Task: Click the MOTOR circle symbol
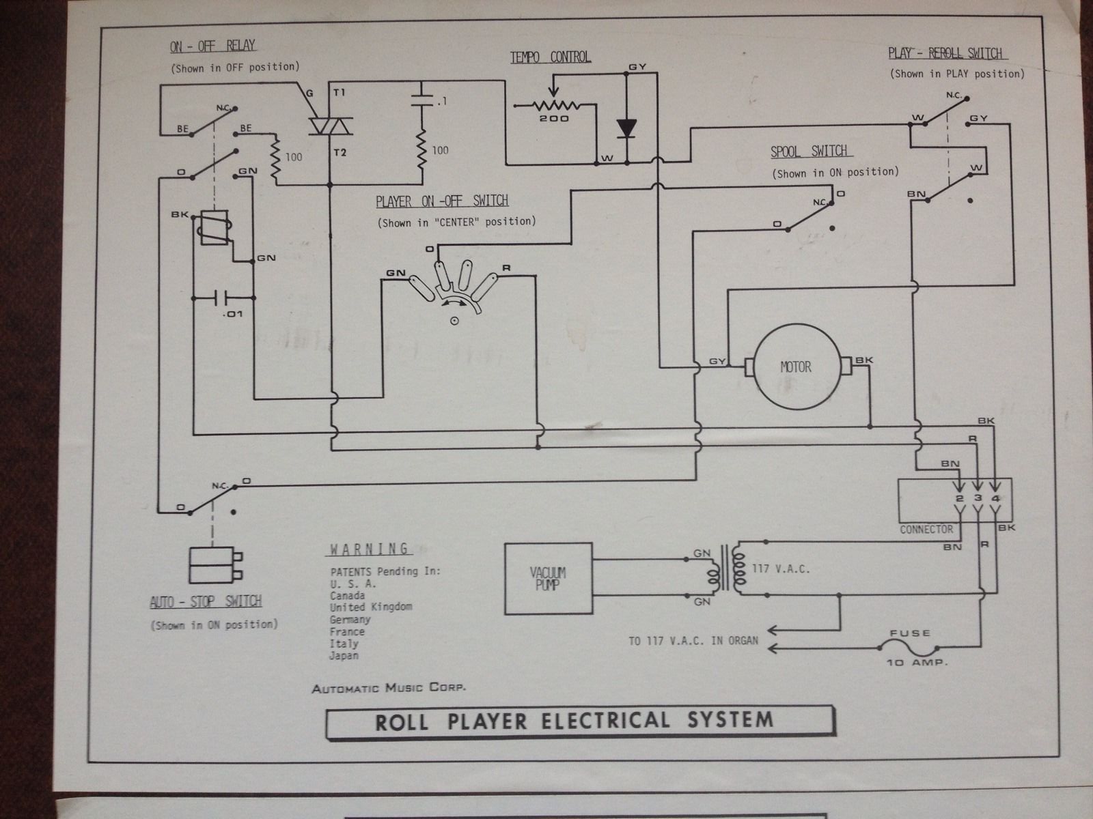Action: coord(795,367)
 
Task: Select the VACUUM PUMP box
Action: coord(548,578)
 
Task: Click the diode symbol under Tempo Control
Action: coord(626,128)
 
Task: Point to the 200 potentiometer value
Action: coord(554,119)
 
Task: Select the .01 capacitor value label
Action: coord(232,314)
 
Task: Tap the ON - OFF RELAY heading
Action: coord(212,46)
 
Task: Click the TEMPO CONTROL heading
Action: coord(551,57)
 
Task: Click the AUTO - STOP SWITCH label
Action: coord(206,601)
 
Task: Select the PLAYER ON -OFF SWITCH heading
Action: coord(442,201)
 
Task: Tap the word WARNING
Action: coord(370,549)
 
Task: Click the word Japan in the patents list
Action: coord(344,655)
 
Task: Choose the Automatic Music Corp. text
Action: coord(389,688)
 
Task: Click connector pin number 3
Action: coord(978,499)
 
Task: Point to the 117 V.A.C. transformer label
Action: coord(781,569)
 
